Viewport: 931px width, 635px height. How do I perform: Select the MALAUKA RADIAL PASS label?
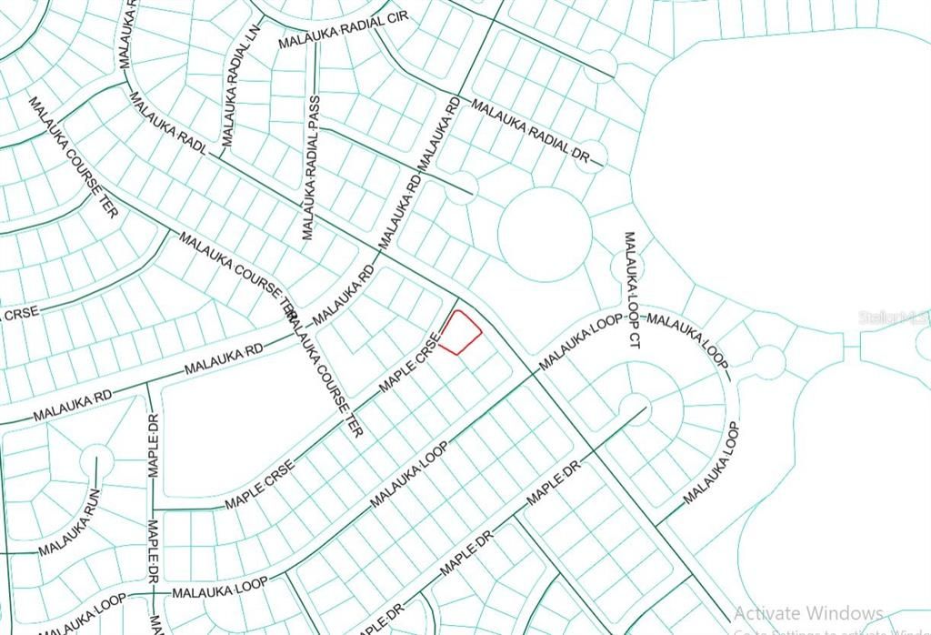pyautogui.click(x=311, y=167)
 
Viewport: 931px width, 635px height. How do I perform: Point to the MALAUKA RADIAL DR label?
pyautogui.click(x=537, y=133)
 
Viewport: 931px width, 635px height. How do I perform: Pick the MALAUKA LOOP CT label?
pyautogui.click(x=630, y=289)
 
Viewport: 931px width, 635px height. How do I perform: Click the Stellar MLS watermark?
pyautogui.click(x=895, y=318)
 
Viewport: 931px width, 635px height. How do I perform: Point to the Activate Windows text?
pyautogui.click(x=807, y=613)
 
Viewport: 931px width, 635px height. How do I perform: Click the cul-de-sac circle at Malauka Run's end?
pyautogui.click(x=95, y=462)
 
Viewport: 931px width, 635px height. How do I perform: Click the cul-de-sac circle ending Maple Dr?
pyautogui.click(x=635, y=405)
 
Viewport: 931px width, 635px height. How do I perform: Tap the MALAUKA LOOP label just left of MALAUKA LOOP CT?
pyautogui.click(x=581, y=342)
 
